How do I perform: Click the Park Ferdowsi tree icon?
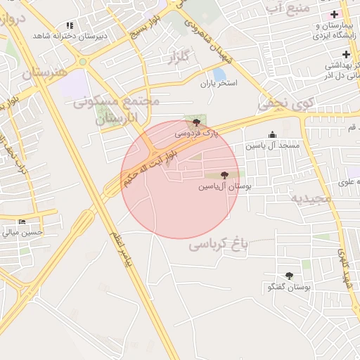tap(195, 122)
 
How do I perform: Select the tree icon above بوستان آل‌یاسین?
tap(224, 175)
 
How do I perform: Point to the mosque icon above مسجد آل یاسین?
tap(273, 135)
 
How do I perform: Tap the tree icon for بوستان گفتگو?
tap(289, 276)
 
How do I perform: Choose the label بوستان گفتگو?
tap(290, 288)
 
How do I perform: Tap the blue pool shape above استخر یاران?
tap(219, 74)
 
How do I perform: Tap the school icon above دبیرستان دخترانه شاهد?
tap(70, 25)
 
